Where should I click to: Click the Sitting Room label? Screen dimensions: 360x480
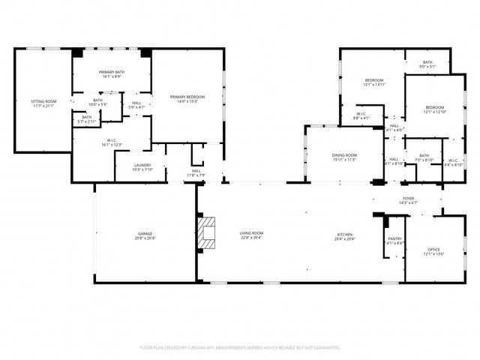43,100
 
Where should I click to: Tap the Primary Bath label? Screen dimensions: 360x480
112,72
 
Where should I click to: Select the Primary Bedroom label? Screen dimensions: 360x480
187,97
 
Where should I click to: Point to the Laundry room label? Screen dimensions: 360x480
142,165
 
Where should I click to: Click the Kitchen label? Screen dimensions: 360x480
345,234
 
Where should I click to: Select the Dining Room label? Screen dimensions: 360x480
345,154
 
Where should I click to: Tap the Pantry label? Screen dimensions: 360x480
394,238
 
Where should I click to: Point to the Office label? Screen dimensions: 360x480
433,249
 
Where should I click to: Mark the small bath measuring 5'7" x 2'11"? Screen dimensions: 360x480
87,120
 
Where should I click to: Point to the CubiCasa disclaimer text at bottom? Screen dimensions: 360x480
240,347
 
